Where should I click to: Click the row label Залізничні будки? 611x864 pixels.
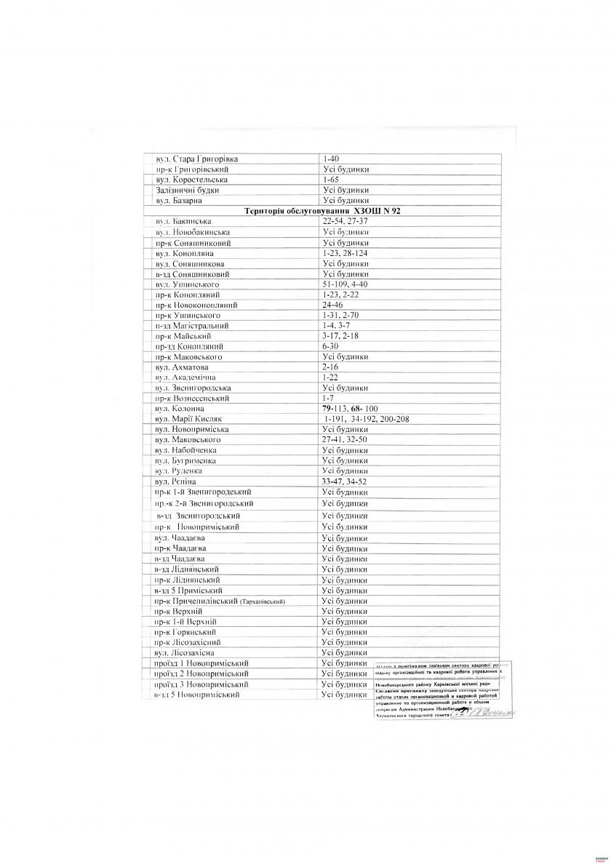click(187, 190)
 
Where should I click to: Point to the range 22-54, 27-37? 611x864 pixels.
click(346, 220)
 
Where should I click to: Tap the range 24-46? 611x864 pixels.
click(332, 305)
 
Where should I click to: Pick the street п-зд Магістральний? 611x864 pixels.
click(192, 327)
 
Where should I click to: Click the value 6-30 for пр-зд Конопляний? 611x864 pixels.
click(330, 347)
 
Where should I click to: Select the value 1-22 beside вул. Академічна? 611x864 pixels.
click(330, 378)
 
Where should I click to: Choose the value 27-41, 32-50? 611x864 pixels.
click(345, 440)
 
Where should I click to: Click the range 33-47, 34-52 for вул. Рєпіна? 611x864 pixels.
click(345, 481)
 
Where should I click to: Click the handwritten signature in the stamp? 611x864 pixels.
click(483, 713)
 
